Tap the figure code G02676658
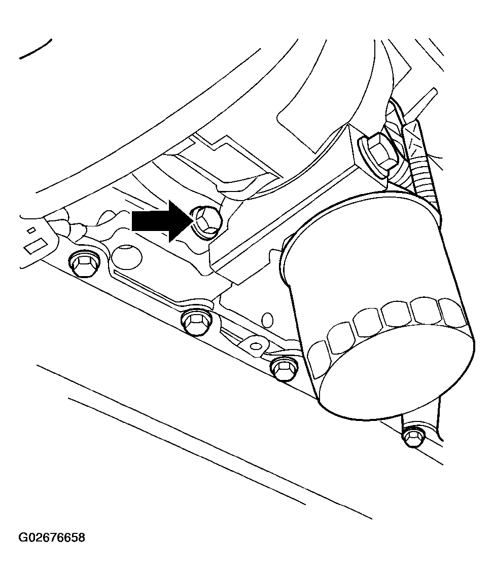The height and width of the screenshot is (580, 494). click(x=52, y=537)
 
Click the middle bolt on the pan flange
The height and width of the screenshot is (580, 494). click(x=197, y=322)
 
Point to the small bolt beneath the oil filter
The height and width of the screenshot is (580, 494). click(x=414, y=437)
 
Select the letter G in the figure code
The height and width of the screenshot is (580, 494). click(x=23, y=537)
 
